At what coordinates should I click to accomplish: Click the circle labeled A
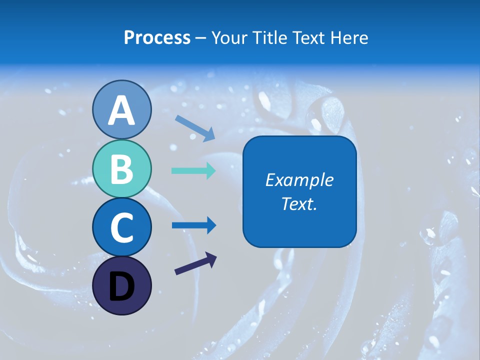(x=121, y=109)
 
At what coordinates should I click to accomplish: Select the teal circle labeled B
(x=121, y=168)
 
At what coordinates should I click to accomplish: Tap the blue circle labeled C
(x=121, y=227)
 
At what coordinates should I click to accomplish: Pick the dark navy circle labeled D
(x=121, y=285)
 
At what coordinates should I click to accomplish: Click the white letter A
(x=121, y=110)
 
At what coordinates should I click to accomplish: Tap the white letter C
(x=121, y=227)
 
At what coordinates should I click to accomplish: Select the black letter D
(x=121, y=287)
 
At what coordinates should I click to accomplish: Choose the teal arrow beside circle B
(x=193, y=170)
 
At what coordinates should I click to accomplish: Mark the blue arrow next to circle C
(x=193, y=225)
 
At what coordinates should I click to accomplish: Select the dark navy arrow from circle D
(x=195, y=263)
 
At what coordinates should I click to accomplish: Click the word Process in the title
(x=157, y=38)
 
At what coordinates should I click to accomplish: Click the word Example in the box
(x=299, y=180)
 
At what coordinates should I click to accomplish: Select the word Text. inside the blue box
(x=299, y=203)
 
